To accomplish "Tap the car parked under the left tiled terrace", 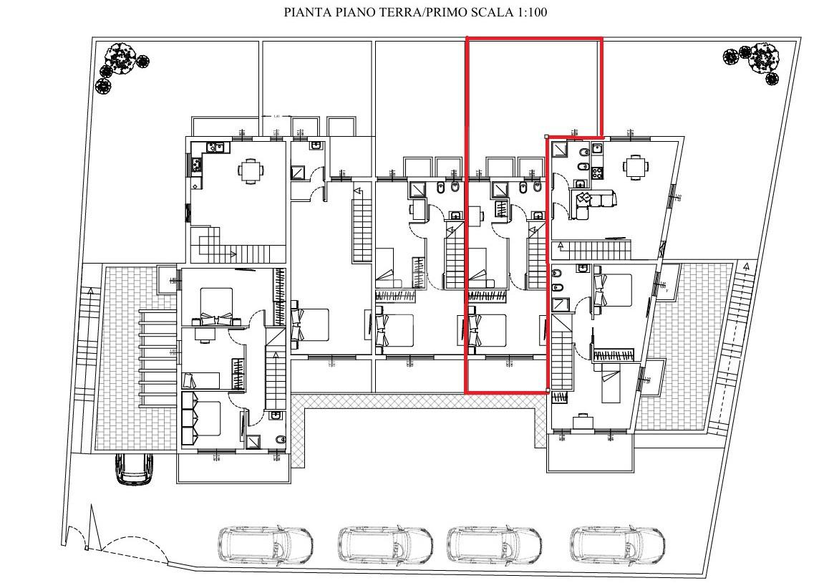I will (134, 469).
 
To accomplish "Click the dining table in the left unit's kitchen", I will (250, 171).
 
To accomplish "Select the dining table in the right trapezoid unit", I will (636, 167).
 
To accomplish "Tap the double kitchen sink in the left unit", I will (215, 148).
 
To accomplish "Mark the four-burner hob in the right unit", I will (596, 172).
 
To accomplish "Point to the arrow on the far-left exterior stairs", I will (89, 291).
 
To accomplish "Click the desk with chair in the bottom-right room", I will (586, 419).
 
